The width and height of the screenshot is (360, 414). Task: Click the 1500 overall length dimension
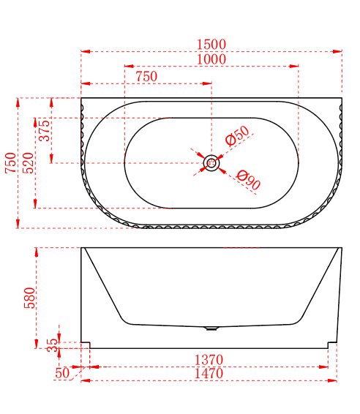(x=211, y=45)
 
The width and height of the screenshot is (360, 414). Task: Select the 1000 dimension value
(x=211, y=59)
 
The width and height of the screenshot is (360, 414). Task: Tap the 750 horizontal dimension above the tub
(x=146, y=77)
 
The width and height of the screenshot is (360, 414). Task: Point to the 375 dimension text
(x=45, y=131)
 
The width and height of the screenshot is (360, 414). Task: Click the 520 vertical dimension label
(x=29, y=163)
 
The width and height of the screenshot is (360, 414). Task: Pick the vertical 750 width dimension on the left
(x=11, y=163)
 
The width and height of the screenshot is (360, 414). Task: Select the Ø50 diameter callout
(x=237, y=136)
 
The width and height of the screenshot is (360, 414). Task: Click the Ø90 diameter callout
(x=248, y=180)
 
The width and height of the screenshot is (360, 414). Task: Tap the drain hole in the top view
(x=211, y=163)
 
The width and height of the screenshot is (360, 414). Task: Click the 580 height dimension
(x=29, y=298)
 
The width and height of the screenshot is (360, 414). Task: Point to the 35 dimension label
(x=52, y=345)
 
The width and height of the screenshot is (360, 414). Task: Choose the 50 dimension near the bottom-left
(x=62, y=373)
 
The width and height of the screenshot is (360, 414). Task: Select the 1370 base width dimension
(x=209, y=360)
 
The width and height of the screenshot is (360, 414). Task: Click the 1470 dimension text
(x=209, y=374)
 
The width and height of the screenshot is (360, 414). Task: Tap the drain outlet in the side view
(x=211, y=328)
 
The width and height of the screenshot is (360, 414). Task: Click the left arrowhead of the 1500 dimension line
(x=86, y=51)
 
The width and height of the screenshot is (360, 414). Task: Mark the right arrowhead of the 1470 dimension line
(x=332, y=381)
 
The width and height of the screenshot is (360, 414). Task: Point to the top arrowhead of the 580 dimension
(x=37, y=252)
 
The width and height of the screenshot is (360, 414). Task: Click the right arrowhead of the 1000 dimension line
(x=294, y=66)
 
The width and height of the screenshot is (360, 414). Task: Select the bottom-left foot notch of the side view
(x=86, y=345)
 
